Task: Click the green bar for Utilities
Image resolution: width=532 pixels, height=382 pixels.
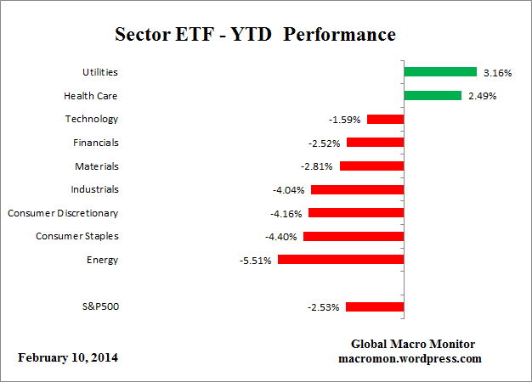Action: [x=440, y=72]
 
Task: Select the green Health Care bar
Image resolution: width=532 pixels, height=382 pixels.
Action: [x=433, y=96]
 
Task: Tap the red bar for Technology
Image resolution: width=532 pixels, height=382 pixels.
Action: [x=385, y=119]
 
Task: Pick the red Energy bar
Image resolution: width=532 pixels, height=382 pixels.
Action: [x=341, y=260]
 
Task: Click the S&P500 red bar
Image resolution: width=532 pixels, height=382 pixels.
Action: [x=375, y=306]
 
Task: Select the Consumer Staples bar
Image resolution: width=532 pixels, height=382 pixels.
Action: [x=354, y=236]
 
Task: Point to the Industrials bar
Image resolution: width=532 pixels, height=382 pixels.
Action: [x=357, y=189]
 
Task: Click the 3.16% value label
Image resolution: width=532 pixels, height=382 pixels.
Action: [x=497, y=73]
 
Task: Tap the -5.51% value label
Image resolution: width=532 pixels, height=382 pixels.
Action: [x=255, y=261]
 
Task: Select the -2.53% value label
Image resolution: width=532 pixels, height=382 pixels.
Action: [x=324, y=307]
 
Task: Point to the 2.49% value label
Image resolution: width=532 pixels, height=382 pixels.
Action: [x=482, y=96]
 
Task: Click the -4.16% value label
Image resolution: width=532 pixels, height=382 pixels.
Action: [x=286, y=213]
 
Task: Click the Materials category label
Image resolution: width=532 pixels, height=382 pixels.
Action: [x=97, y=166]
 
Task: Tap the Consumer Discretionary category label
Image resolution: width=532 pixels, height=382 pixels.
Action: [x=63, y=213]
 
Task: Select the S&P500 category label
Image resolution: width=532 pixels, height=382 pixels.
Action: [x=102, y=306]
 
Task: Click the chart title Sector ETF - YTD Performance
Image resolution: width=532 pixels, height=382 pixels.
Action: [x=255, y=36]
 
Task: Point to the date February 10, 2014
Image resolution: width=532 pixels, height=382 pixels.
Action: [x=68, y=357]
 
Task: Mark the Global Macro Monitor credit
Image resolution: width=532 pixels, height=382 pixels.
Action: [x=413, y=344]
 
